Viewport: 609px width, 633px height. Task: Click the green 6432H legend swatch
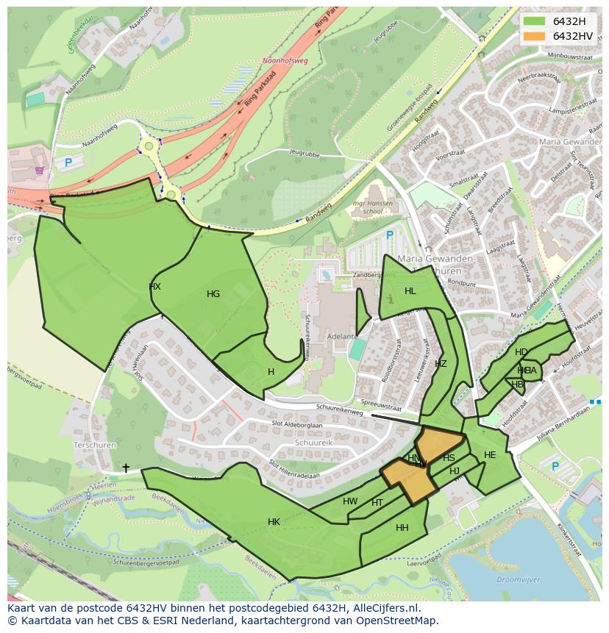tap(534, 21)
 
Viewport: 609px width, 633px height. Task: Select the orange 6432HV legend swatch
tap(534, 36)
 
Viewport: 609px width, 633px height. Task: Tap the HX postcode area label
tap(154, 287)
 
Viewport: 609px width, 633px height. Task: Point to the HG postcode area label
tap(213, 294)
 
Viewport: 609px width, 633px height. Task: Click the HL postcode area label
tap(410, 291)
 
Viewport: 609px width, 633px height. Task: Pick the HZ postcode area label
tap(441, 364)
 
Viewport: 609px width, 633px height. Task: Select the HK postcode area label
tap(274, 522)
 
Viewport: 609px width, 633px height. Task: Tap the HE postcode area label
tap(490, 455)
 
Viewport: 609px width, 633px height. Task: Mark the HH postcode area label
tap(402, 528)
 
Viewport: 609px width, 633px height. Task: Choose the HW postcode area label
tap(350, 501)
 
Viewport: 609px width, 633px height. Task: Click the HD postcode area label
tap(521, 352)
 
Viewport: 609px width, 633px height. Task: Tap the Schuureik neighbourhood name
tap(314, 444)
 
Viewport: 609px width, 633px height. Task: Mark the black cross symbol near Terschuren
tap(126, 468)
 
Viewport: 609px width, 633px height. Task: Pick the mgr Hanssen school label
tap(372, 207)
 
